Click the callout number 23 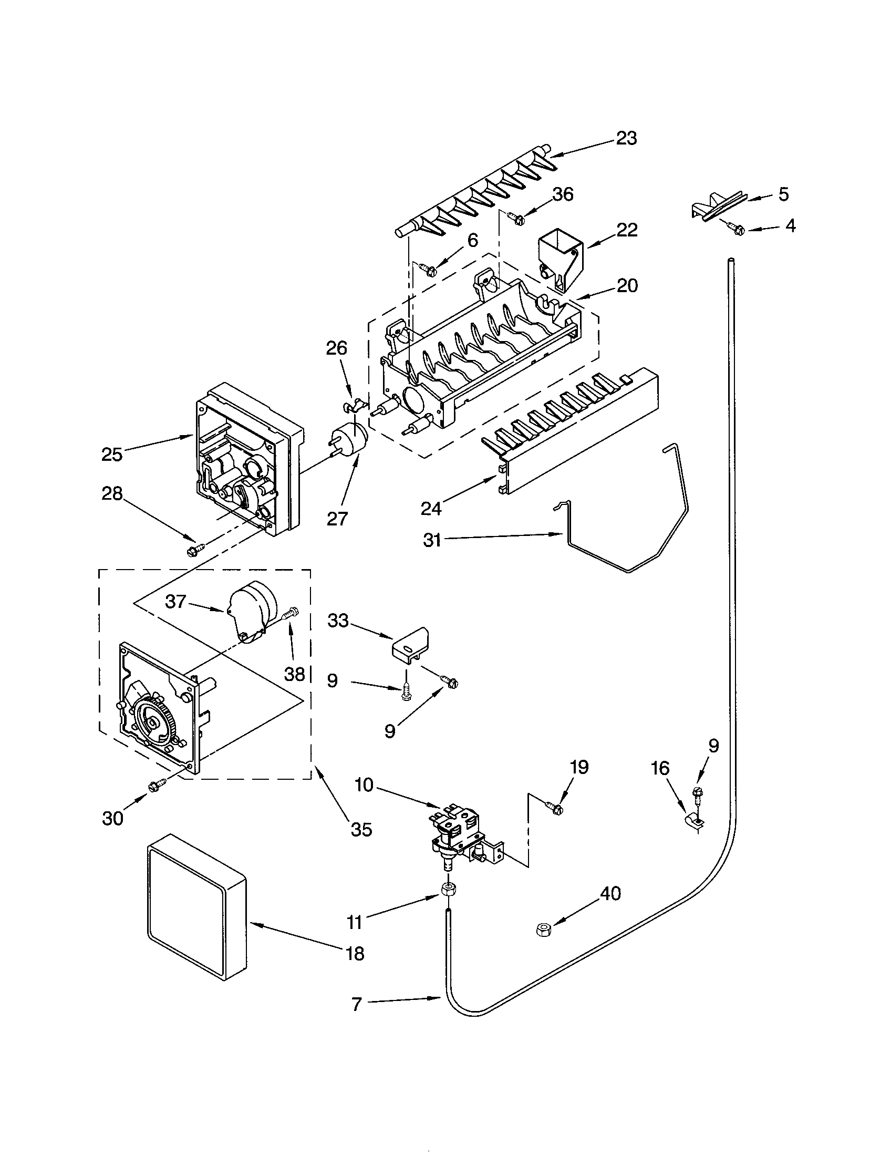626,139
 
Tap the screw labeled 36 514,216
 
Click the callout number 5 783,194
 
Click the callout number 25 112,454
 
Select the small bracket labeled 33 411,645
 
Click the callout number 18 355,953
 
